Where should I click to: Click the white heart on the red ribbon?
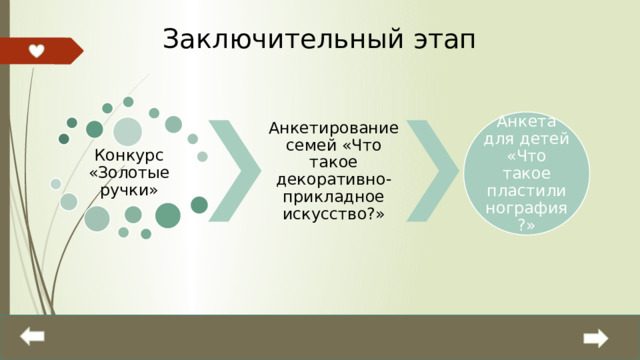pyautogui.click(x=35, y=51)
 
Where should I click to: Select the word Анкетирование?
pyautogui.click(x=334, y=129)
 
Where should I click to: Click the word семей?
pyautogui.click(x=305, y=146)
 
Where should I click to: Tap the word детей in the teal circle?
pyautogui.click(x=554, y=139)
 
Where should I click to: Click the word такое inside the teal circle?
pyautogui.click(x=532, y=173)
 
